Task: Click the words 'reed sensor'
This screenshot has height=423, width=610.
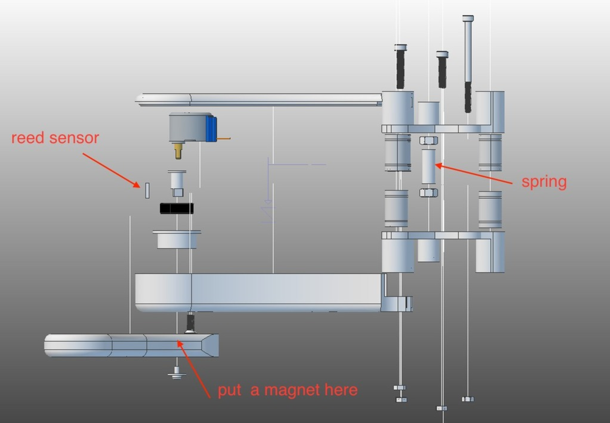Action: [55, 138]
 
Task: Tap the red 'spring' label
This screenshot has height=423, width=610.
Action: [544, 182]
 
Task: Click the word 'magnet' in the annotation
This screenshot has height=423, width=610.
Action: [292, 390]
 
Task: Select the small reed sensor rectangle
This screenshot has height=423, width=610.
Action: [147, 190]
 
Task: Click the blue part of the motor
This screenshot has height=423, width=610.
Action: [211, 128]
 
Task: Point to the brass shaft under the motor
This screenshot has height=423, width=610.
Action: [178, 151]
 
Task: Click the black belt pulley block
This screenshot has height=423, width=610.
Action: [177, 208]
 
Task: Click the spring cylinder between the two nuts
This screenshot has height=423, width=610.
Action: [428, 166]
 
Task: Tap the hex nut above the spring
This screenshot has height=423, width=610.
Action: [428, 140]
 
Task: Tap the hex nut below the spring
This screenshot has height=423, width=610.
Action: [428, 193]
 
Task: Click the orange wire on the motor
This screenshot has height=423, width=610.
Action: [224, 139]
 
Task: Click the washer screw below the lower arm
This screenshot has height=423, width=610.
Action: [177, 373]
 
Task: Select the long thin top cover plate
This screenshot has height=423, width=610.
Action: [258, 99]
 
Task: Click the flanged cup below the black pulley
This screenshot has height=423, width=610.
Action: [177, 239]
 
